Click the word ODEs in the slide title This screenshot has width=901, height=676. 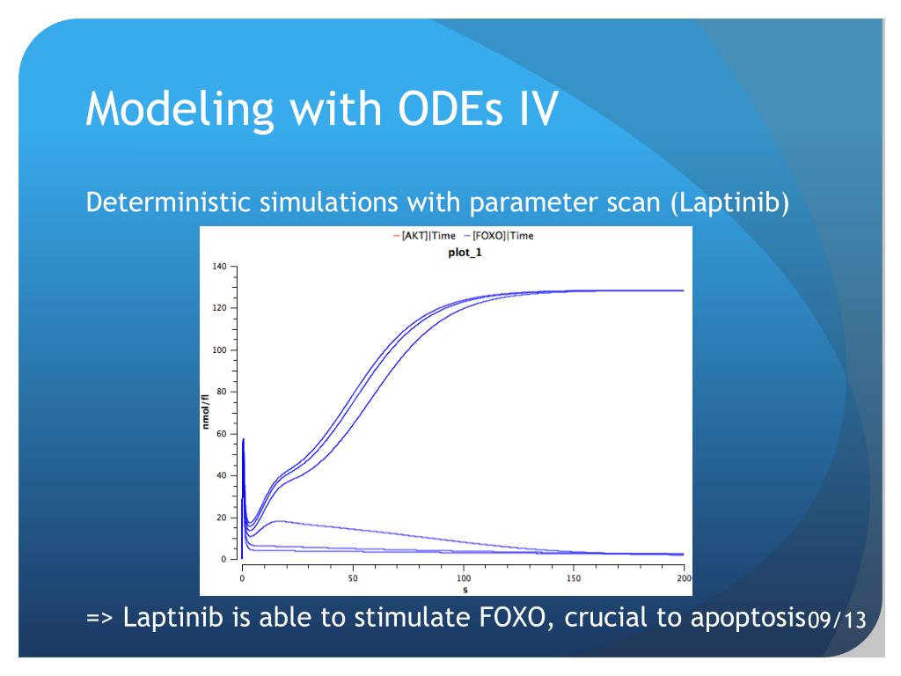450,108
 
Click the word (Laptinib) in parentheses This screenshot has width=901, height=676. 729,202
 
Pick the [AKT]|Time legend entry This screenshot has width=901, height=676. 424,236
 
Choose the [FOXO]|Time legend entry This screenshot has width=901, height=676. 499,236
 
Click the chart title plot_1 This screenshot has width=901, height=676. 465,253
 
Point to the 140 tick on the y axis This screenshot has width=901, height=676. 219,266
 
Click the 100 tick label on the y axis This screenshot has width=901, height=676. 219,350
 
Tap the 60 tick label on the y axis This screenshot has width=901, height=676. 222,434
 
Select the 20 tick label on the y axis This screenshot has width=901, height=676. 222,518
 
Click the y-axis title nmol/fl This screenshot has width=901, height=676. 205,412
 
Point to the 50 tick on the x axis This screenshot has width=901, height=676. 353,577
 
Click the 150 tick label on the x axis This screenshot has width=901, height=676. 574,577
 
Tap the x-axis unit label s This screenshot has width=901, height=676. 465,590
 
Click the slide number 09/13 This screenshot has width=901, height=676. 837,619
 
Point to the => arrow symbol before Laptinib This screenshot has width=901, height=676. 100,618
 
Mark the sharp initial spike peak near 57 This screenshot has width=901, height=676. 244,439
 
